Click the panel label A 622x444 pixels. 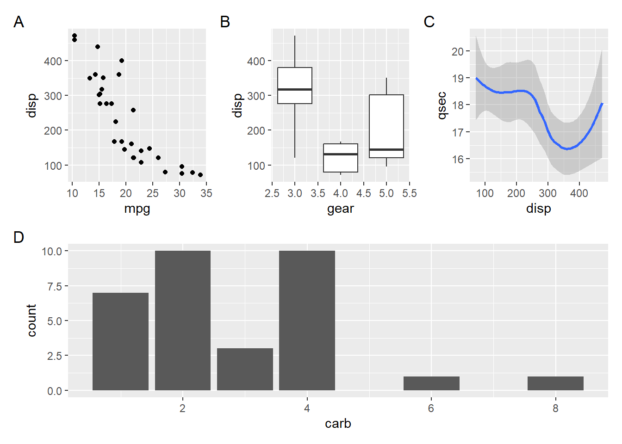(19, 22)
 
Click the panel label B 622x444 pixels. (225, 22)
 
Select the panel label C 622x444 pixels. (429, 22)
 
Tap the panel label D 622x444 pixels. (19, 237)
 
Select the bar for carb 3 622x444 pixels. (245, 369)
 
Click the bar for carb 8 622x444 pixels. (555, 383)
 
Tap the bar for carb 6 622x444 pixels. (431, 383)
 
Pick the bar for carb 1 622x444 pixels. (120, 341)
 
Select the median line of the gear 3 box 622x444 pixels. (295, 89)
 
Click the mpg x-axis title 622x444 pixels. (137, 209)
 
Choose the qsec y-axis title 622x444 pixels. (442, 105)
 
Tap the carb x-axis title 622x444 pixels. (338, 424)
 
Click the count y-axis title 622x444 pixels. (31, 320)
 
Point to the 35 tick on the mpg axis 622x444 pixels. (206, 193)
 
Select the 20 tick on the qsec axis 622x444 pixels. (458, 51)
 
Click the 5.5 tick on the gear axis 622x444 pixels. (409, 193)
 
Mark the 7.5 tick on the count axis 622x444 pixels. (55, 286)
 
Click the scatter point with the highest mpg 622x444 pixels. (200, 175)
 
